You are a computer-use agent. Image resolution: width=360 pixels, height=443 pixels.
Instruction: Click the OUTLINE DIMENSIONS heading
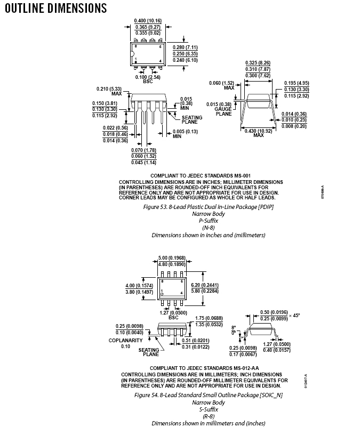[x=55, y=9]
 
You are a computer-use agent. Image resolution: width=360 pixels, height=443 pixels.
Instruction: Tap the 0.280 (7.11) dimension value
[x=185, y=47]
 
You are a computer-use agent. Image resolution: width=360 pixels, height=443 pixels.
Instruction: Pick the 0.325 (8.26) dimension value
[x=259, y=63]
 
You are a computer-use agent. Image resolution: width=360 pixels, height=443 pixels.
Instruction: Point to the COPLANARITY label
[x=125, y=340]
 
